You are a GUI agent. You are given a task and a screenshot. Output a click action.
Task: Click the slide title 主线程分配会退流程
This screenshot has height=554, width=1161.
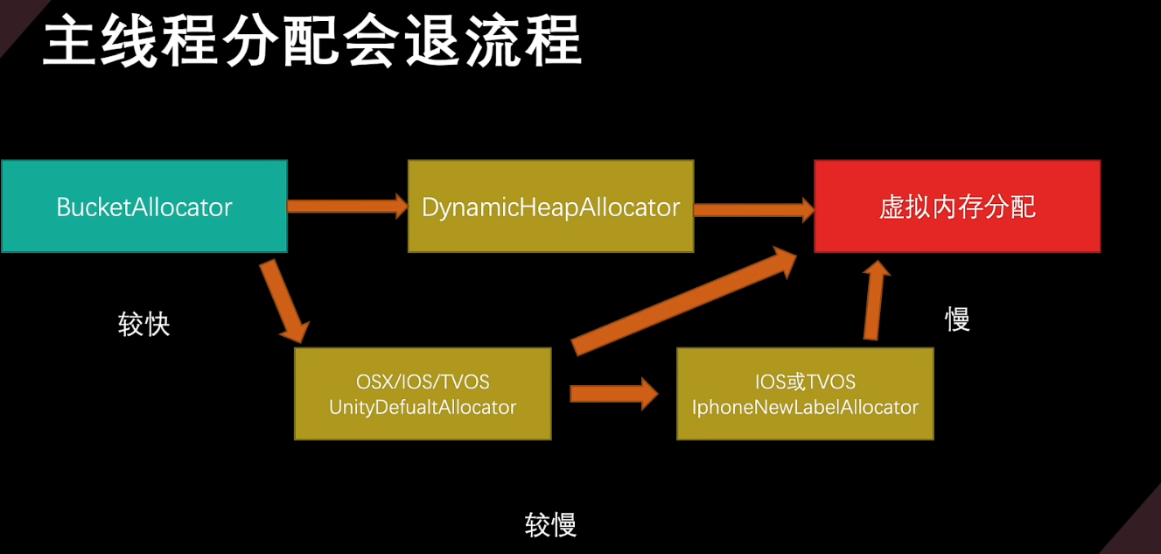[x=312, y=40]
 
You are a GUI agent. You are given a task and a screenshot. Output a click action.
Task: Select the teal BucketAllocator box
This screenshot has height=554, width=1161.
[x=144, y=207]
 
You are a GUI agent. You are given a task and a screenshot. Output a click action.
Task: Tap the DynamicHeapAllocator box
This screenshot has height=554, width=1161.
[x=551, y=207]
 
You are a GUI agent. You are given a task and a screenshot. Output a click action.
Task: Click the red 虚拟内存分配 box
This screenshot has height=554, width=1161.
[x=957, y=207]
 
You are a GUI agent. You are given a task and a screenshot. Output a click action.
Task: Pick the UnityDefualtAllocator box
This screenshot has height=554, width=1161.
[x=423, y=394]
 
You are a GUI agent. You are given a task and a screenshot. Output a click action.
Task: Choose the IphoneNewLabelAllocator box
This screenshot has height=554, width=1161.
[x=806, y=394]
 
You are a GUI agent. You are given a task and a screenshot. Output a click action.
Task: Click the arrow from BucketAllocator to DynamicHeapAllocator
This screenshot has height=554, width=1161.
[x=348, y=207]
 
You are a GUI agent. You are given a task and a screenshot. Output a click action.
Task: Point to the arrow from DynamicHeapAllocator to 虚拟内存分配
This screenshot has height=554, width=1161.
[x=754, y=209]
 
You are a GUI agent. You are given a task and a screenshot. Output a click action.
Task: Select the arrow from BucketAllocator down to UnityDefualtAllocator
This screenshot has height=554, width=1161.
[x=284, y=302]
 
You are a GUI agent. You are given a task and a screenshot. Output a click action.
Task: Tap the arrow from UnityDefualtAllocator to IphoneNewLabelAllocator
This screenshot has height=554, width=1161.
[x=614, y=394]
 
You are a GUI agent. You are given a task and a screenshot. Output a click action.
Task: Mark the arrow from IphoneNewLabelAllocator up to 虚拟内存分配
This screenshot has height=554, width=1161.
[x=876, y=300]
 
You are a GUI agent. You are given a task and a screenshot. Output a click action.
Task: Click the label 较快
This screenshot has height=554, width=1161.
[x=144, y=325]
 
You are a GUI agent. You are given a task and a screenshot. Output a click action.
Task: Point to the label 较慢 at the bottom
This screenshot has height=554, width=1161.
[x=550, y=524]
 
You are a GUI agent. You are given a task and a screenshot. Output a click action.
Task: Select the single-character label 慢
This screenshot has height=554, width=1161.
[x=957, y=319]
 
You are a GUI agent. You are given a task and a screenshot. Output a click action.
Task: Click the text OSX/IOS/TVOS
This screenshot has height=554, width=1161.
[x=423, y=382]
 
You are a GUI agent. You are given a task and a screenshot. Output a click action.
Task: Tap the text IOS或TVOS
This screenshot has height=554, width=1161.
[x=806, y=382]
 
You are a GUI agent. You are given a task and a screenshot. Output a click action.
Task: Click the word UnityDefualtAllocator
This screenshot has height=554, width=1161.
[x=423, y=407]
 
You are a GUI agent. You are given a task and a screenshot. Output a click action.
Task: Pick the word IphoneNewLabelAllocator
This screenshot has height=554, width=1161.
[x=806, y=407]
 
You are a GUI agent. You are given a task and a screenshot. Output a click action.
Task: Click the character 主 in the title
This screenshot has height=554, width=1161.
[x=70, y=40]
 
